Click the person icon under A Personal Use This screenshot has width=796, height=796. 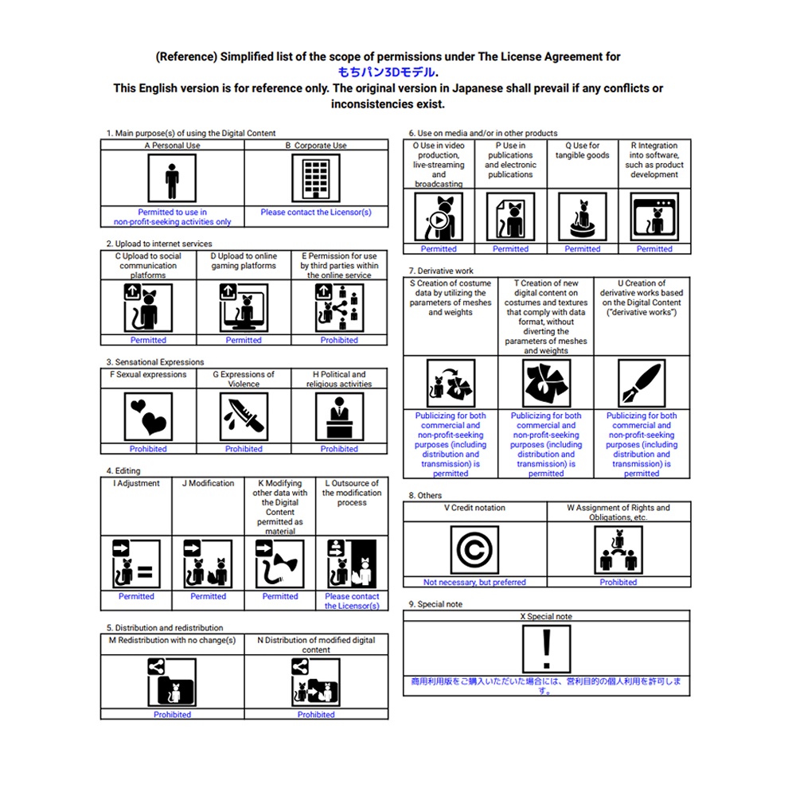point(172,178)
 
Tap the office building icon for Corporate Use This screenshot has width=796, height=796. point(316,178)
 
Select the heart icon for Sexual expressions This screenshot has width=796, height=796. point(148,416)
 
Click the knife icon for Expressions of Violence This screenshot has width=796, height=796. point(244,416)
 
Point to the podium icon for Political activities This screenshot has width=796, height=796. point(339,416)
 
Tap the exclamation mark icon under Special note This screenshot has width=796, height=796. point(546,649)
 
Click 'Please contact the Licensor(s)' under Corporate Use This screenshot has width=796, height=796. point(316,213)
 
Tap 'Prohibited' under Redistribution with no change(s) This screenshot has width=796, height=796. point(172,715)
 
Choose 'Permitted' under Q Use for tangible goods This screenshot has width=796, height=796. point(583,249)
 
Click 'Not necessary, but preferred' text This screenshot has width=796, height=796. point(474,583)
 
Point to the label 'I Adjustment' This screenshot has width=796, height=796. point(136,483)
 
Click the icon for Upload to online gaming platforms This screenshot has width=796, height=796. point(244,307)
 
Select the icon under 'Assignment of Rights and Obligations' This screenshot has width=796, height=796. point(618,550)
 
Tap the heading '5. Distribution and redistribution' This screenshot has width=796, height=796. point(165,627)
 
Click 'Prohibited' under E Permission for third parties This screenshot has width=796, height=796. point(339,340)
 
